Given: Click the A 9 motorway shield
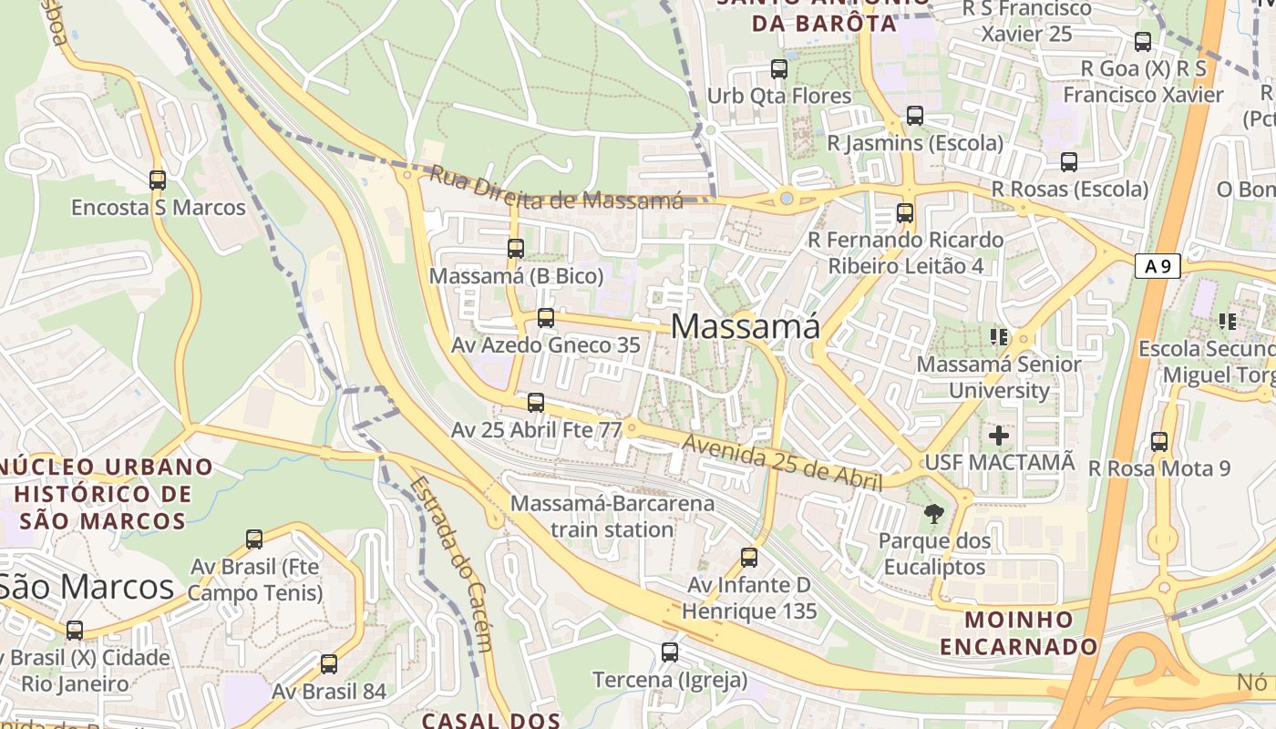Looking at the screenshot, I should [x=1158, y=266].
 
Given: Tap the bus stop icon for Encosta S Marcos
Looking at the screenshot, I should [x=158, y=180].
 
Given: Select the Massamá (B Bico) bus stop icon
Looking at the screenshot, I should [x=516, y=248].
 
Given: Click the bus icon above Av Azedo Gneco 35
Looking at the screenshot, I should [x=546, y=318].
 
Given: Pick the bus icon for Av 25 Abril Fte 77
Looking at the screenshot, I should [x=536, y=402].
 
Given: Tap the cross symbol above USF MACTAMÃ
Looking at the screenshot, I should [x=999, y=435].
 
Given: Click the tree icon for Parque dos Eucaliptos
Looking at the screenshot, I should [x=933, y=514].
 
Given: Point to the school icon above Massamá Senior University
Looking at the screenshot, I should [x=999, y=337].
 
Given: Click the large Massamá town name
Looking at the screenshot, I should [x=746, y=326].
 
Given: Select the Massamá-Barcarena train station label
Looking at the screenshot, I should [x=612, y=516].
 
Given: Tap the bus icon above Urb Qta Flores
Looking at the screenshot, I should [x=779, y=68].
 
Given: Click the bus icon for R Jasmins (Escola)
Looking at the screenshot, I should [x=915, y=116].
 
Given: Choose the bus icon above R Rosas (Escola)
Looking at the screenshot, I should [x=1069, y=162].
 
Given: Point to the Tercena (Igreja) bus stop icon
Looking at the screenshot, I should [x=670, y=652].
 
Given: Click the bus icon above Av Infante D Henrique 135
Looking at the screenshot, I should [x=749, y=557].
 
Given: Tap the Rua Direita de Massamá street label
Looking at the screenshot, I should [x=556, y=188].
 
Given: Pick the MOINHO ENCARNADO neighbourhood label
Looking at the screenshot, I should [x=1019, y=633].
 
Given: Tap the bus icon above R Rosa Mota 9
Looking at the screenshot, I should [x=1159, y=442].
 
